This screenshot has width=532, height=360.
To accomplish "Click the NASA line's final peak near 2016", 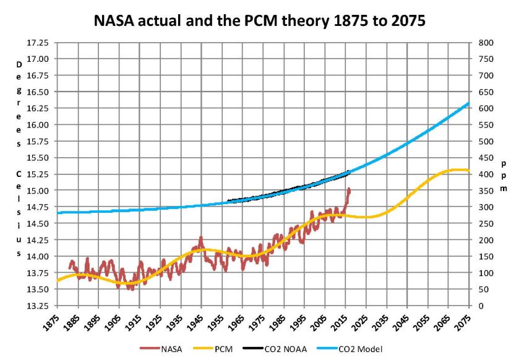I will click(349, 189).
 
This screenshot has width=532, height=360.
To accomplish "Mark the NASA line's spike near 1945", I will click(200, 237).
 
